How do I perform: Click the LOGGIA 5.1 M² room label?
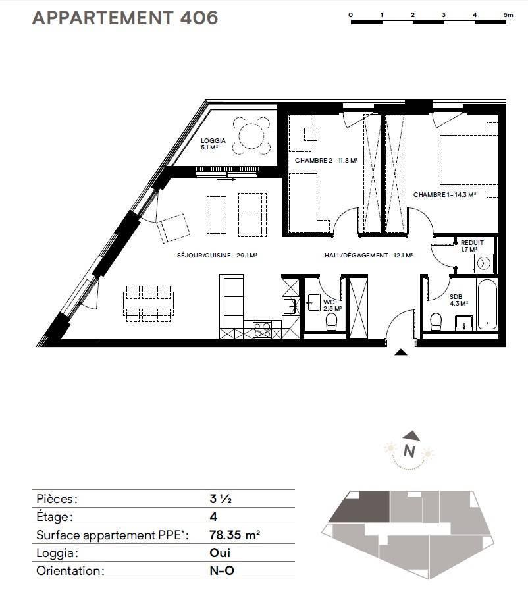[x=213, y=144]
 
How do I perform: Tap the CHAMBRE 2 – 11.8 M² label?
[x=326, y=161]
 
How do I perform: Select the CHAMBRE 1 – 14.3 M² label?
[x=444, y=195]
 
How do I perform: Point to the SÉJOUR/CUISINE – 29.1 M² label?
[x=217, y=256]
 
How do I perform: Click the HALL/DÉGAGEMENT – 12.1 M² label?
[x=369, y=256]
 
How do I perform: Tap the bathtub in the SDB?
[x=487, y=304]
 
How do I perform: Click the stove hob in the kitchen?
[x=262, y=329]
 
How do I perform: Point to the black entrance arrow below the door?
[x=401, y=352]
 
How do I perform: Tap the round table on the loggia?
[x=251, y=136]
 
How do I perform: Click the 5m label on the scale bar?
[x=508, y=15]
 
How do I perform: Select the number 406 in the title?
[x=199, y=18]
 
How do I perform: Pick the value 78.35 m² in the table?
[x=234, y=535]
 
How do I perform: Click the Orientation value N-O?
[x=222, y=570]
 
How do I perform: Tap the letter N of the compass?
[x=409, y=451]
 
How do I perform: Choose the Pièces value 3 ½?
[x=221, y=498]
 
